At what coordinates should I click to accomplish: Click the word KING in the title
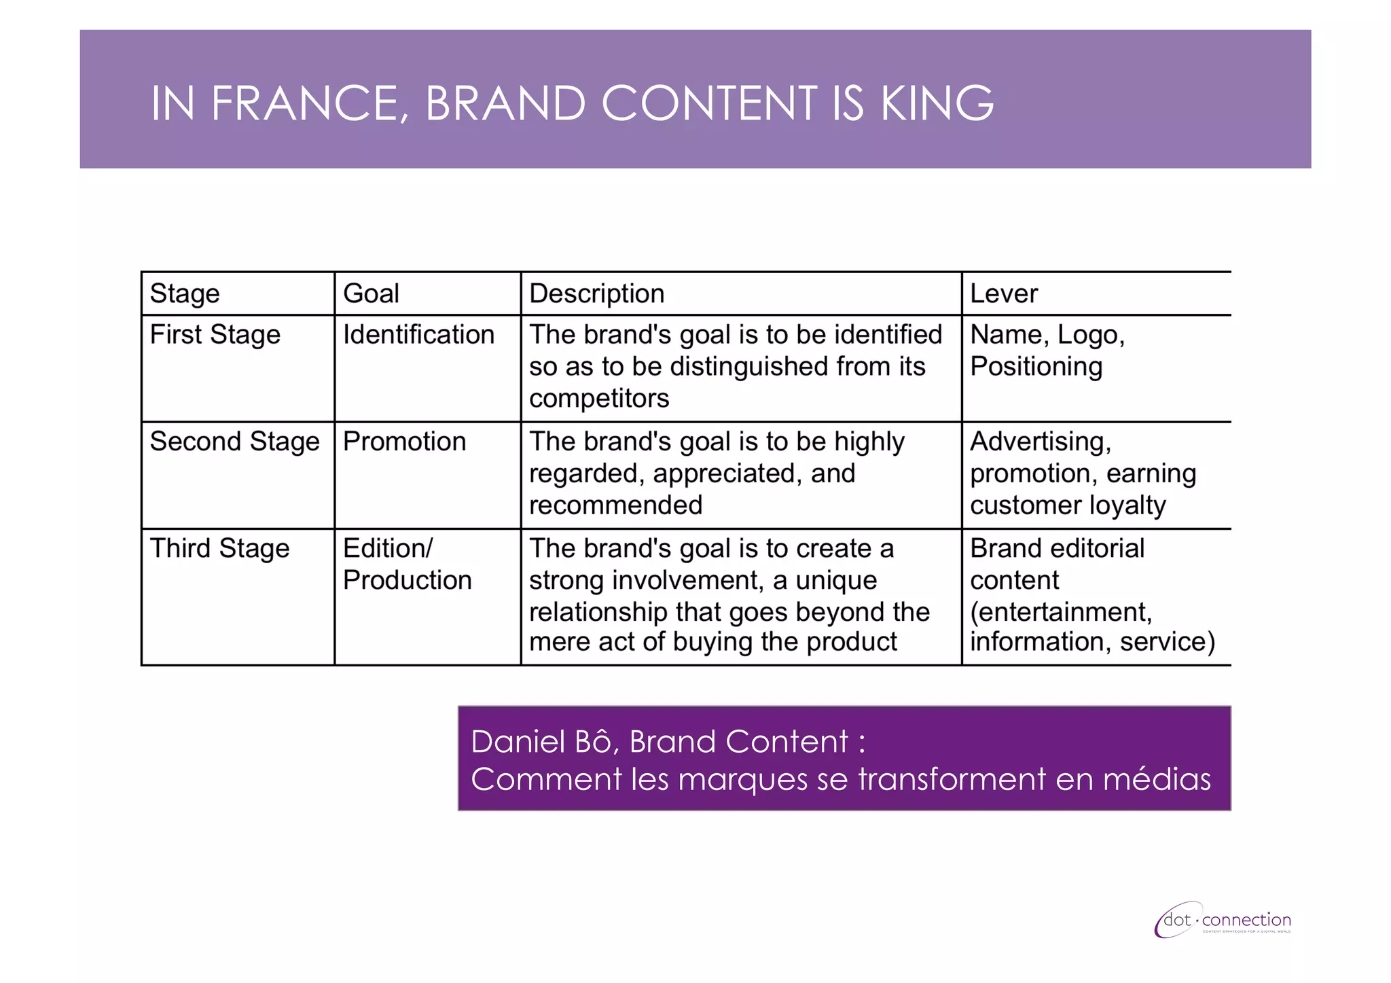pyautogui.click(x=937, y=104)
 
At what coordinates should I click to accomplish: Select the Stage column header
pyautogui.click(x=185, y=293)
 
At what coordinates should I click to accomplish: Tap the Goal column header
pyautogui.click(x=371, y=293)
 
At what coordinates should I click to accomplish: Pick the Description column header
pyautogui.click(x=596, y=293)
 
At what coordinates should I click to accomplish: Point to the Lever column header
pyautogui.click(x=1003, y=293)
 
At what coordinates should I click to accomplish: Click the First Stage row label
pyautogui.click(x=215, y=335)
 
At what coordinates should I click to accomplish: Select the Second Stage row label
pyautogui.click(x=234, y=442)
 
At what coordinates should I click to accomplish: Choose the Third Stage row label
pyautogui.click(x=219, y=548)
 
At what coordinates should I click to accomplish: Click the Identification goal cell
pyautogui.click(x=418, y=335)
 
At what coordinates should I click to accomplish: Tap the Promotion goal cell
pyautogui.click(x=404, y=442)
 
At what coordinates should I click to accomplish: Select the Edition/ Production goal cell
pyautogui.click(x=407, y=565)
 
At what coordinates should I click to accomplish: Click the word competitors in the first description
pyautogui.click(x=599, y=399)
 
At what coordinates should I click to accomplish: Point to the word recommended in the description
pyautogui.click(x=615, y=505)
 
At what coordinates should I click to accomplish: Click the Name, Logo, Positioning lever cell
pyautogui.click(x=1047, y=351)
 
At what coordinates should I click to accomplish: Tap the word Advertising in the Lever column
pyautogui.click(x=1040, y=442)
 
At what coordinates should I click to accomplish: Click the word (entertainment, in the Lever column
pyautogui.click(x=1061, y=612)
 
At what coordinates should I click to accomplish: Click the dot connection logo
pyautogui.click(x=1223, y=921)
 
